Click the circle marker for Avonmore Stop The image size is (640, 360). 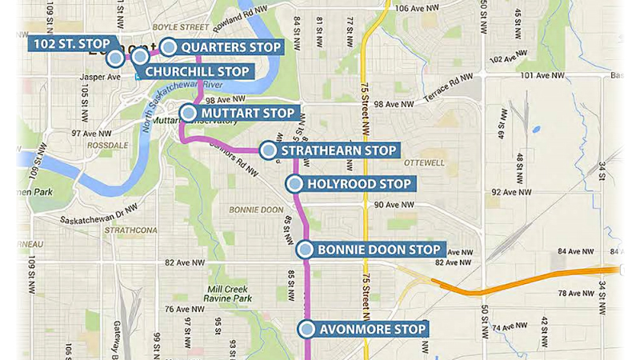pos(306,328)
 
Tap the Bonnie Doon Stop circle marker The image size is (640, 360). pos(305,250)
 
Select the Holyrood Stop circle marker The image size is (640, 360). pos(294,184)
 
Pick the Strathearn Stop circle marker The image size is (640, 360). pos(268,150)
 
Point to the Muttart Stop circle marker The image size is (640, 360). pos(188,113)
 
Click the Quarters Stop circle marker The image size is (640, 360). pos(169,47)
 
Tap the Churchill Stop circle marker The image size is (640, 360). pos(140,56)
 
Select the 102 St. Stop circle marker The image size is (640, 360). pos(115,58)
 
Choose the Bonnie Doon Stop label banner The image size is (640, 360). pos(379,250)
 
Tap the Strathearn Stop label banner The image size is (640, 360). pos(336,150)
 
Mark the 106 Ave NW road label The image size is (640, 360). pos(417,8)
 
